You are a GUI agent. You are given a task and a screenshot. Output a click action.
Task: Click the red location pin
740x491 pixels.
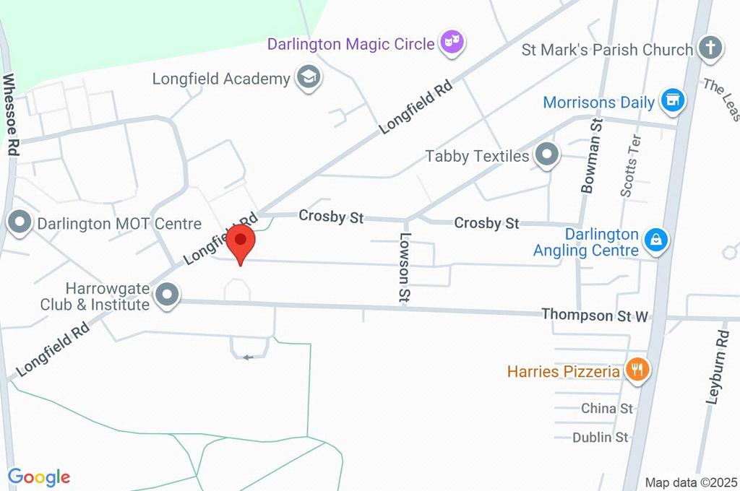click(x=240, y=243)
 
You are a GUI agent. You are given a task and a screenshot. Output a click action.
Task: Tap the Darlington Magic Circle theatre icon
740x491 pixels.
click(x=452, y=43)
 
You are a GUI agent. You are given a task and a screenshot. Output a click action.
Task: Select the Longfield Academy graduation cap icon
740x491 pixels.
click(x=309, y=78)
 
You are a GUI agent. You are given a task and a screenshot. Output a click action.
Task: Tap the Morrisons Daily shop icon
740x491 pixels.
click(x=673, y=101)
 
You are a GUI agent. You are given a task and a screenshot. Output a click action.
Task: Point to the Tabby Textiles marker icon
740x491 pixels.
click(x=547, y=155)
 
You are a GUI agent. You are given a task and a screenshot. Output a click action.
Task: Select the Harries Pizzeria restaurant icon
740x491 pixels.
click(x=637, y=371)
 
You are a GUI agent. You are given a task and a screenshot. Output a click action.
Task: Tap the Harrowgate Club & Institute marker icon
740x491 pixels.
click(x=168, y=295)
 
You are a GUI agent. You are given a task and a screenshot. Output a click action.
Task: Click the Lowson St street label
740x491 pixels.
click(x=405, y=267)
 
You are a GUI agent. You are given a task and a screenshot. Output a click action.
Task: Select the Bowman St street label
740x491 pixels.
click(x=590, y=156)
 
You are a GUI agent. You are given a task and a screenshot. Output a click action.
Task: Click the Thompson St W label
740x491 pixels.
click(x=595, y=315)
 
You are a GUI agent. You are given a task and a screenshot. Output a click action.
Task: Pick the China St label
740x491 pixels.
click(x=607, y=409)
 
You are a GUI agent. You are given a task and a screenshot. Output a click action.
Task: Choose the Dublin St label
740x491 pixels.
click(x=600, y=437)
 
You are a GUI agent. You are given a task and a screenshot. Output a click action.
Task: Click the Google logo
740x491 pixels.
click(x=39, y=477)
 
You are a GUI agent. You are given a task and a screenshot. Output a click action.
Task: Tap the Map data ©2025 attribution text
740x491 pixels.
click(x=691, y=482)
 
